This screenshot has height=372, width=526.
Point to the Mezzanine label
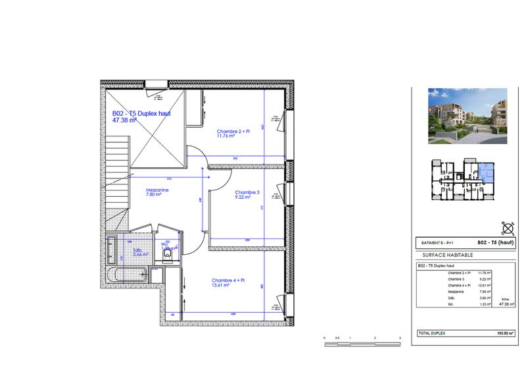coord(158,190)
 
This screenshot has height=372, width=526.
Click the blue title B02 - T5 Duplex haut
coord(141,114)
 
